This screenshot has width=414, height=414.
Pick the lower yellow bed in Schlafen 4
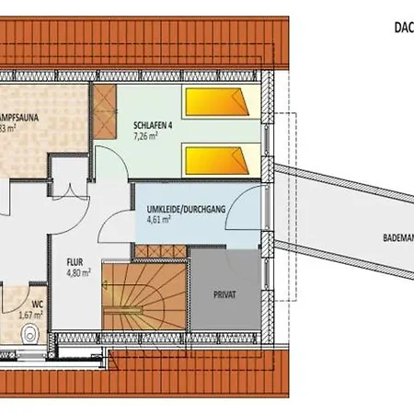click(217, 162)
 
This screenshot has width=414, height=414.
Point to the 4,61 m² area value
click(158, 221)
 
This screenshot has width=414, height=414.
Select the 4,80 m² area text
click(78, 271)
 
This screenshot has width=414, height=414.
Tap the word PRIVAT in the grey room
click(224, 294)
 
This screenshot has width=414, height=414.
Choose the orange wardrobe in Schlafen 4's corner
click(104, 112)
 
